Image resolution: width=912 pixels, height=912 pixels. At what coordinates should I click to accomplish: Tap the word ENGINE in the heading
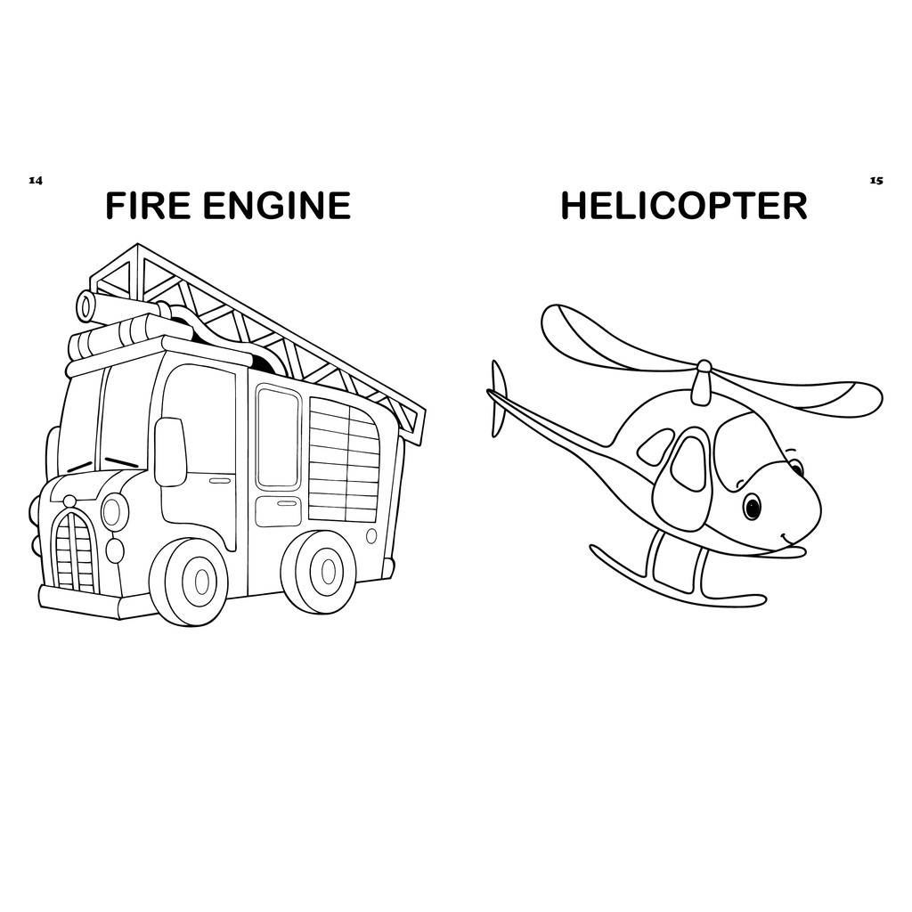pyautogui.click(x=276, y=206)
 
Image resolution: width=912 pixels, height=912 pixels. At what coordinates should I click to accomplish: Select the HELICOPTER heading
pyautogui.click(x=683, y=206)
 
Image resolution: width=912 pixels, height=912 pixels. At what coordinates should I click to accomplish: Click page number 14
pyautogui.click(x=36, y=180)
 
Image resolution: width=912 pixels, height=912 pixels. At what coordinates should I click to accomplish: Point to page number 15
pyautogui.click(x=876, y=180)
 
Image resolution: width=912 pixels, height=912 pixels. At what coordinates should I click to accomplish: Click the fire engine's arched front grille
pyautogui.click(x=75, y=552)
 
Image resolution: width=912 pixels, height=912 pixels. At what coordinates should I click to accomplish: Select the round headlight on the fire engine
pyautogui.click(x=114, y=512)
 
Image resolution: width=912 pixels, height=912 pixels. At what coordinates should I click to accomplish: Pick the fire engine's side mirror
pyautogui.click(x=170, y=452)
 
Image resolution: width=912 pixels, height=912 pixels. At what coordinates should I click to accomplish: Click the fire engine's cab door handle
pyautogui.click(x=220, y=481)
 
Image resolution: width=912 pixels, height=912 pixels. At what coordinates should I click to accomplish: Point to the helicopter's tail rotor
pyautogui.click(x=498, y=398)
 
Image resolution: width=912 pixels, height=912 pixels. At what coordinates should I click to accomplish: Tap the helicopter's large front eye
pyautogui.click(x=753, y=507)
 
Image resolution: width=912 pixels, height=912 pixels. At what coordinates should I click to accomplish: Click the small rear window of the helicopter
pyautogui.click(x=656, y=447)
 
